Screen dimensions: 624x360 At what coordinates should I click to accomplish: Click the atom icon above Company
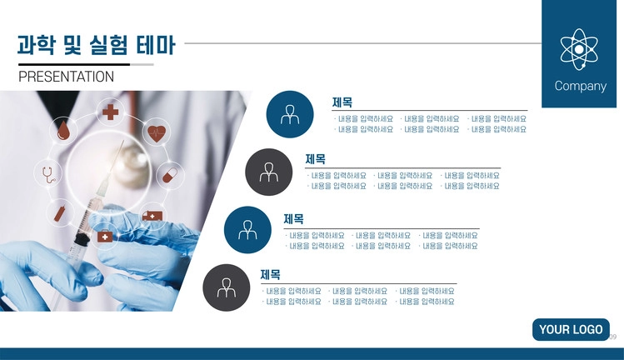click(x=579, y=49)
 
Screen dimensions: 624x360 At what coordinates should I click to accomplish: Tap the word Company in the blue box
click(x=580, y=87)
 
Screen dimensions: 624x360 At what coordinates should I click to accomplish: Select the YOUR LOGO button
click(x=571, y=329)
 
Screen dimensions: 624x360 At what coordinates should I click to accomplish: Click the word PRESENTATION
click(x=66, y=77)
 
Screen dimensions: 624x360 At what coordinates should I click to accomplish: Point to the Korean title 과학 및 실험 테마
click(x=96, y=45)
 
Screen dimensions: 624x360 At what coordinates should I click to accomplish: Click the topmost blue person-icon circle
click(x=290, y=114)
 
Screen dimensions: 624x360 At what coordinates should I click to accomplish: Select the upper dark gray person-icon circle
click(x=268, y=172)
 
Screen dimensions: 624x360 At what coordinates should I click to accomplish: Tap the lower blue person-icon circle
click(x=247, y=230)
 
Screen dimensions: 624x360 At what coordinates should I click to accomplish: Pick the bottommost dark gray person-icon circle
click(x=227, y=287)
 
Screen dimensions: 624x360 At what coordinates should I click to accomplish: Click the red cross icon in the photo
click(x=110, y=112)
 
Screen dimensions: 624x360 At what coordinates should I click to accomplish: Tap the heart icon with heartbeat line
click(x=157, y=133)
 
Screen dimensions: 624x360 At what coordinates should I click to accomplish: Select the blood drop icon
click(x=63, y=130)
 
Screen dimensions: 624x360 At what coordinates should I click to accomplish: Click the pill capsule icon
click(x=170, y=175)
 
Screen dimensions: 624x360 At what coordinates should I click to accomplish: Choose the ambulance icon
click(x=152, y=216)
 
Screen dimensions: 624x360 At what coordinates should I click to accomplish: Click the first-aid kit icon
click(x=105, y=236)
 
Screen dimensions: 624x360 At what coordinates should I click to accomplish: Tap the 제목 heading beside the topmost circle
click(x=342, y=102)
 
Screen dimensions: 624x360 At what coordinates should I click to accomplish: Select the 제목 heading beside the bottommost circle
click(x=271, y=274)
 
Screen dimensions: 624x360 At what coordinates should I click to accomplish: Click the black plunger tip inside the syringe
click(x=81, y=239)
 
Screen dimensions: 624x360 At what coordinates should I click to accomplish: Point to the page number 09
click(x=613, y=337)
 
